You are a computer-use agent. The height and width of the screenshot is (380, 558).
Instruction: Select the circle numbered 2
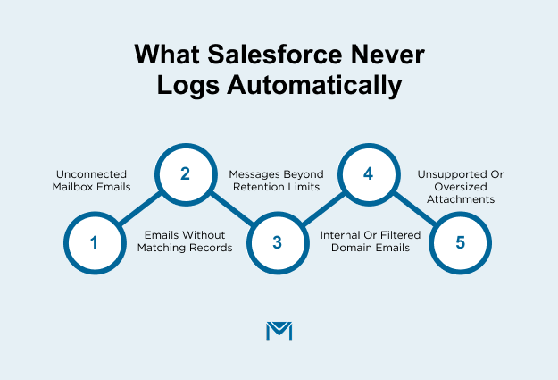186,173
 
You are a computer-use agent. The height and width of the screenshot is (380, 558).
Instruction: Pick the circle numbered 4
368,173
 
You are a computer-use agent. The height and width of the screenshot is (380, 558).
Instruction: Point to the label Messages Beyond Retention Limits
276,181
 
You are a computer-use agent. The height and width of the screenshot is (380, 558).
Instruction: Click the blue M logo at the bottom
279,330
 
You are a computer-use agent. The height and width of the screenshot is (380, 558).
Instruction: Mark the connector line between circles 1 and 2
140,208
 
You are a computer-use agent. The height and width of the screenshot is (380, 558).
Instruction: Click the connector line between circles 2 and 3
231,208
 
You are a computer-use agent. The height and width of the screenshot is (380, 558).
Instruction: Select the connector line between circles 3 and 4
322,208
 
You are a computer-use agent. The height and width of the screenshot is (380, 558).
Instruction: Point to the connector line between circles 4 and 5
414,208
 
